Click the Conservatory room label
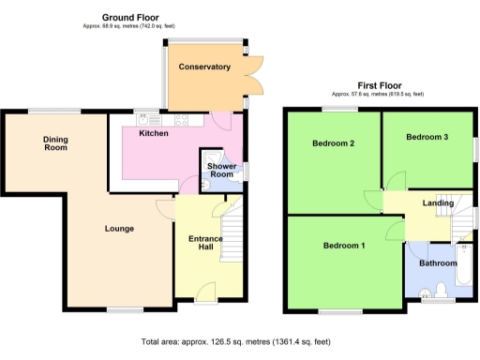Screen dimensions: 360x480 click(204, 67)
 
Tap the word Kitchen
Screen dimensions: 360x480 click(154, 134)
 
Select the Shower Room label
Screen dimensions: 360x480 click(221, 170)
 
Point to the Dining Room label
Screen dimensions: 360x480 click(56, 143)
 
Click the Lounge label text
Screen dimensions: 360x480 click(119, 229)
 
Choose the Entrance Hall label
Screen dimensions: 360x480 click(206, 244)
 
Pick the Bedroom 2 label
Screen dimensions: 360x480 click(332, 143)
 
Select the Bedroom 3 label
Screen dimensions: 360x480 click(427, 137)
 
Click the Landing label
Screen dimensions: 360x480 click(438, 202)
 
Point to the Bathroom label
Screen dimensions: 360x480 click(437, 263)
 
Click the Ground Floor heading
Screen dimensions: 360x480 click(130, 17)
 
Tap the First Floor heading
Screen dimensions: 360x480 click(378, 84)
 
